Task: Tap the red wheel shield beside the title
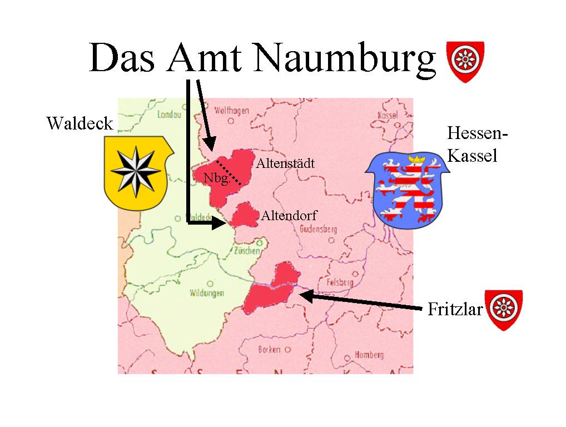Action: (465, 61)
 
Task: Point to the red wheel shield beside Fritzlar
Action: (504, 309)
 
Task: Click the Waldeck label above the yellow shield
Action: (80, 123)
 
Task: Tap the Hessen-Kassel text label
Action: (477, 145)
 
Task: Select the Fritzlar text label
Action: (455, 310)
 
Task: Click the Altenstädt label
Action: (285, 163)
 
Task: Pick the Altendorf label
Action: (289, 216)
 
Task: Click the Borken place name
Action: (269, 350)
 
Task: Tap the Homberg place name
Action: (369, 355)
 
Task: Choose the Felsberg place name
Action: (340, 282)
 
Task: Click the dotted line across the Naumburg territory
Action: (229, 172)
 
